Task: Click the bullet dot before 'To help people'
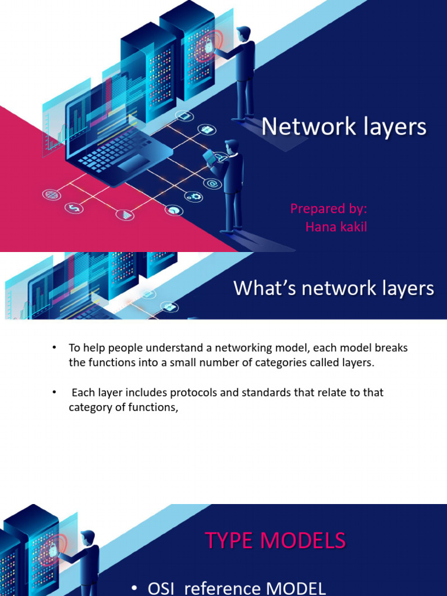[54, 347]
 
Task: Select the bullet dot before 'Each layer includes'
[54, 392]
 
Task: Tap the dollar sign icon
[74, 207]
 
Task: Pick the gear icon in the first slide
[194, 196]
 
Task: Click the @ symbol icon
[212, 184]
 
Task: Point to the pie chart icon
[173, 210]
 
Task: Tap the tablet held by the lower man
[208, 156]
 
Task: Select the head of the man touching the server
[243, 34]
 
